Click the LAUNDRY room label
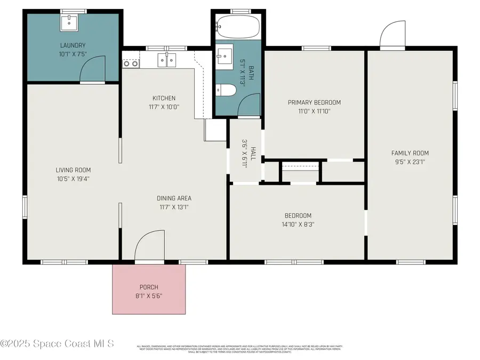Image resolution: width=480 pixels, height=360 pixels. [x=73, y=45]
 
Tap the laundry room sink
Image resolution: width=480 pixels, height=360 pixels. [x=69, y=22]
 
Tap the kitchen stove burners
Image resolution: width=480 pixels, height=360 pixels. [x=131, y=63]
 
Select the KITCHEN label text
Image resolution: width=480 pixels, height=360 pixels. [x=164, y=98]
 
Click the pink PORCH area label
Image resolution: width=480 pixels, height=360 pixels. [x=149, y=287]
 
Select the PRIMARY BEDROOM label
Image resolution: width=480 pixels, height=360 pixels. [x=314, y=102]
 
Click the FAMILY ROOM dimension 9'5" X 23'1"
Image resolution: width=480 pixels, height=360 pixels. [x=409, y=162]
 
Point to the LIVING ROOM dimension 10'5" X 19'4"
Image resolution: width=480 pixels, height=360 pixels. [x=73, y=179]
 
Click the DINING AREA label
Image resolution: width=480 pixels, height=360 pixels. [x=174, y=198]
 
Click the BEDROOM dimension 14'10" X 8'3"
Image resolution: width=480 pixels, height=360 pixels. [x=298, y=225]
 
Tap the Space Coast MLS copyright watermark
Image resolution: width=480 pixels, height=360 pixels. [x=57, y=343]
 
